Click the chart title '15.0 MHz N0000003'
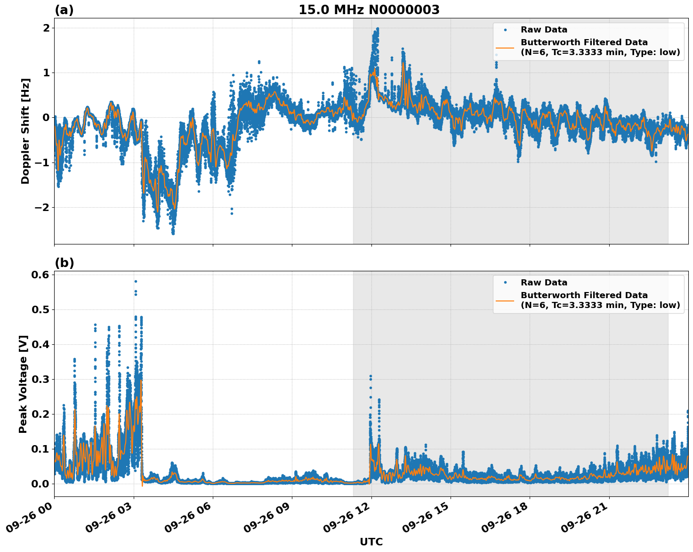point(369,10)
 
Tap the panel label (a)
point(64,10)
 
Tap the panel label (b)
point(64,263)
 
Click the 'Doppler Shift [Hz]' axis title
point(25,131)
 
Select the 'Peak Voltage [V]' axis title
point(24,384)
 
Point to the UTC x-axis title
point(371,542)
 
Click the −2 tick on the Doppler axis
point(42,207)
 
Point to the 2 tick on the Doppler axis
point(46,28)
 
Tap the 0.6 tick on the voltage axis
point(40,275)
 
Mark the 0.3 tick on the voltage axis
point(40,379)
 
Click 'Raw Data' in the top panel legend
point(544,30)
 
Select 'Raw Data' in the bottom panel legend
point(544,283)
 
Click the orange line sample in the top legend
point(505,47)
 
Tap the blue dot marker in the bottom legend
point(505,283)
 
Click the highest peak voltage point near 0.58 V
point(136,281)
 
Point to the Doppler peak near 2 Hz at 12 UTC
point(377,29)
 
